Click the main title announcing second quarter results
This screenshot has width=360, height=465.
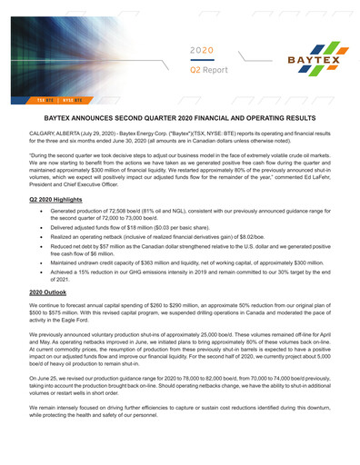(x=179, y=119)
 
